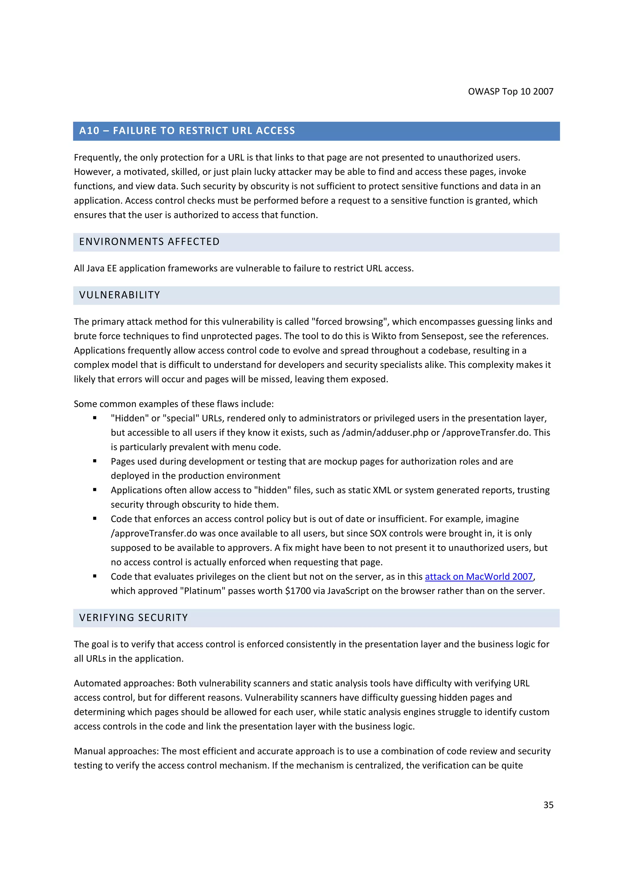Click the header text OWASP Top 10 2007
[x=510, y=92]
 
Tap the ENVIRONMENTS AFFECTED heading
[x=149, y=242]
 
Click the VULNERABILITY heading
[x=119, y=295]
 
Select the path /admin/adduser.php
[x=385, y=433]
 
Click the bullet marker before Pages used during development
[x=95, y=461]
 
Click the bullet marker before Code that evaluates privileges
[x=95, y=576]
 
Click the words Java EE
[x=101, y=268]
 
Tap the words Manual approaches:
[x=116, y=751]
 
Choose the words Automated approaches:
[x=124, y=683]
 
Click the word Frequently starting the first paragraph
[x=97, y=158]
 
